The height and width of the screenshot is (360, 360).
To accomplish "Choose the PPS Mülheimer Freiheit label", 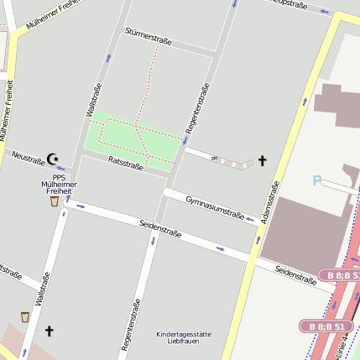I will [59, 185].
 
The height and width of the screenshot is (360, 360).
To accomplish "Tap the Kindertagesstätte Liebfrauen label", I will [184, 338].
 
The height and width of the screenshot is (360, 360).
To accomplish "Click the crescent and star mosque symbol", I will [54, 158].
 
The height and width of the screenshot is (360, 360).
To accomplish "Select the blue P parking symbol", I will [317, 180].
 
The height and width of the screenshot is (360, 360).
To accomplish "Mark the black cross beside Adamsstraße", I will [262, 160].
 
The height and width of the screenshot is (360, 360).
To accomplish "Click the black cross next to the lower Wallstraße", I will [49, 331].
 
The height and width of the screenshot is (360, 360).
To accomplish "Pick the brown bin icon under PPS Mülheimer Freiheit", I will [55, 201].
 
